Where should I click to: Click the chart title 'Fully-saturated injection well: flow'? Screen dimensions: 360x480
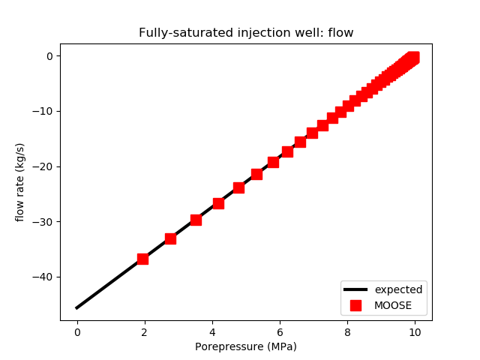246,33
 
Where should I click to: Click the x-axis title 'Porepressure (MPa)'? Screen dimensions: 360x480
246,346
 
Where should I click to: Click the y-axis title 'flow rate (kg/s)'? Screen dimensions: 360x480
20,182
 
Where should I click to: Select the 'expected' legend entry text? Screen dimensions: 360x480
398,289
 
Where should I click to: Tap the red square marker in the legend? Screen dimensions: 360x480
355,305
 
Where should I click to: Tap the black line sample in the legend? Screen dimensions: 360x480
355,289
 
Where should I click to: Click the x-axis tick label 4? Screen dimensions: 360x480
212,331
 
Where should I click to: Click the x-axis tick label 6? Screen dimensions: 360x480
280,331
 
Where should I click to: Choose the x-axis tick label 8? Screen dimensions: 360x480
347,331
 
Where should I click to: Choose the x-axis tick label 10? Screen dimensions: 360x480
415,331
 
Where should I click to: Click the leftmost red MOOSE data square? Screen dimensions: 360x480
142,259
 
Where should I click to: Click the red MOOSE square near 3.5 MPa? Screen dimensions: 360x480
196,220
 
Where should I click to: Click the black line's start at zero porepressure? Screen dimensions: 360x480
77,307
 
